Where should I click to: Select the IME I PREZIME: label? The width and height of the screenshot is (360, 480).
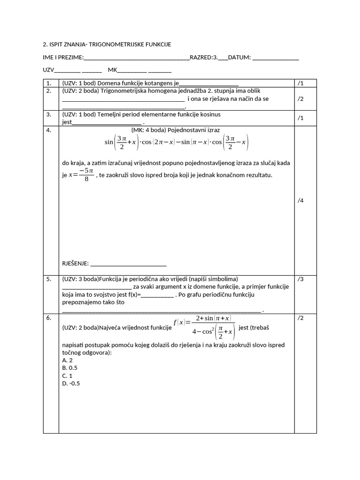(x=63, y=58)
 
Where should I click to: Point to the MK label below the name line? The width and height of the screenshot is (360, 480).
(x=112, y=70)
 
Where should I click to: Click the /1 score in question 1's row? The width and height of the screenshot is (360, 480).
(x=301, y=83)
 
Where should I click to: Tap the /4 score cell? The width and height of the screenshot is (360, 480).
(x=301, y=201)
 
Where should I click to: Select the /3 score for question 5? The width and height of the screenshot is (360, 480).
(x=301, y=279)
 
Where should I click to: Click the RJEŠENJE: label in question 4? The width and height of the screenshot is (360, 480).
(x=75, y=263)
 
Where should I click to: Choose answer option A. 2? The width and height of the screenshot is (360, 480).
(x=67, y=360)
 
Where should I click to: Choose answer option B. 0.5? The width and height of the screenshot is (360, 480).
(x=69, y=368)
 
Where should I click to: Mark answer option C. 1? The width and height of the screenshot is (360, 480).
(x=67, y=375)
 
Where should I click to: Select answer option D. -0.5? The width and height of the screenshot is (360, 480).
(x=71, y=383)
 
